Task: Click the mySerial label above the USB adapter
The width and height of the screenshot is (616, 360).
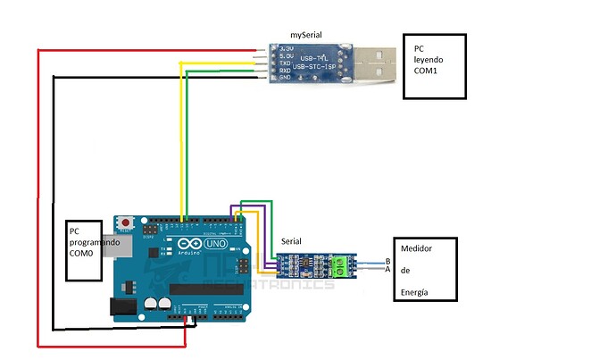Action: point(305,34)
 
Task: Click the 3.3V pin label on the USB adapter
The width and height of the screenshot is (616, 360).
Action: point(287,46)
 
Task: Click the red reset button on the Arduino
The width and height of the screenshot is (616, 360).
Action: point(128,222)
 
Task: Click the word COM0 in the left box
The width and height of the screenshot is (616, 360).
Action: point(82,255)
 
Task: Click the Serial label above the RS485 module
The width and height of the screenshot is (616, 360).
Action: point(291,242)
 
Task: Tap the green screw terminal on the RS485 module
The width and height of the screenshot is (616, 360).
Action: point(340,264)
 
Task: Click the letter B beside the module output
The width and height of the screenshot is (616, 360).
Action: point(387,261)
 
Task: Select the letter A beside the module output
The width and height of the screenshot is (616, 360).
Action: point(387,269)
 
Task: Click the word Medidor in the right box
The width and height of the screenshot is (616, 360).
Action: point(417,250)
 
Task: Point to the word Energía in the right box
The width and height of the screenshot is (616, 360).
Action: point(416,290)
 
